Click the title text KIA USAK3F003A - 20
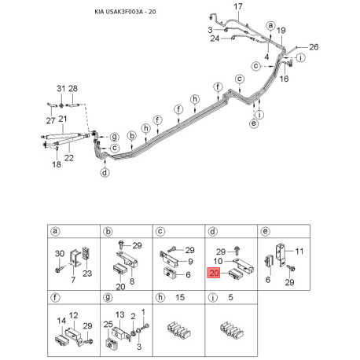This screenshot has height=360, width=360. click(x=125, y=12)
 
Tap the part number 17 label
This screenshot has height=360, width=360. click(x=238, y=6)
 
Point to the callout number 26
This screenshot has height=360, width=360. click(x=314, y=47)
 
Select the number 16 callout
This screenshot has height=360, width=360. click(x=284, y=79)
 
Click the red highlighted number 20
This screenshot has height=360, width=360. click(x=214, y=274)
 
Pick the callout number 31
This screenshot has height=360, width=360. click(x=61, y=89)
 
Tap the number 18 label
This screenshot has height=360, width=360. click(x=57, y=164)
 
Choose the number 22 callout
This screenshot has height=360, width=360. click(x=69, y=158)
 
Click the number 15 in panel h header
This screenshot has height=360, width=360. click(x=180, y=297)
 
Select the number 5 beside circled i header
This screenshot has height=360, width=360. click(x=230, y=297)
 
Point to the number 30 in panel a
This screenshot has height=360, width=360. click(x=60, y=254)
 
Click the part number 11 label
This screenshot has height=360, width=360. click(x=299, y=252)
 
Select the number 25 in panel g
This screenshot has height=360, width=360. click(x=108, y=325)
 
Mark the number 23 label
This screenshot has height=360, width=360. click(x=87, y=274)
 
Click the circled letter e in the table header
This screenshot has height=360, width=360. click(x=266, y=231)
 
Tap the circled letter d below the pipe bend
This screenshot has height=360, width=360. click(x=105, y=173)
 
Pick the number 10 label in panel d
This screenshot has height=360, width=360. click(x=218, y=261)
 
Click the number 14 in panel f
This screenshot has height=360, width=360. click(x=61, y=321)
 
